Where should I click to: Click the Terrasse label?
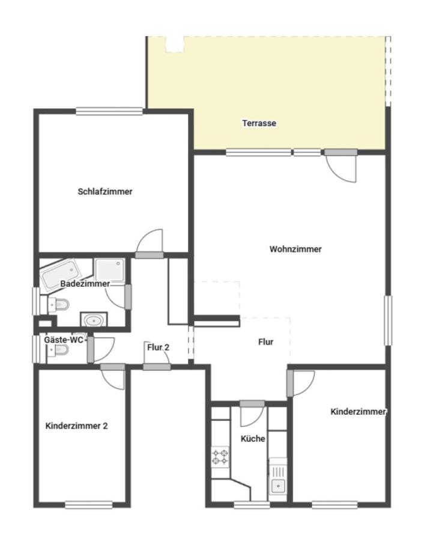click(259, 123)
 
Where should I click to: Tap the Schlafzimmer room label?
click(105, 192)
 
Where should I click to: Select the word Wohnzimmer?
click(295, 249)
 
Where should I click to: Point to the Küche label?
click(253, 439)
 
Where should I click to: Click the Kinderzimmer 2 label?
click(76, 426)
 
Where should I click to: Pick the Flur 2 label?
click(158, 347)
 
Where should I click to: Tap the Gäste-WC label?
click(64, 340)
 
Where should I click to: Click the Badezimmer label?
click(85, 284)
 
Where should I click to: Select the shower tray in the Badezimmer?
click(110, 270)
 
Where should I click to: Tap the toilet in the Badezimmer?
click(59, 304)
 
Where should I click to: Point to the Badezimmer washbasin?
click(94, 320)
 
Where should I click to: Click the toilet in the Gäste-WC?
click(58, 350)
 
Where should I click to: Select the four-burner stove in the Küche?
click(220, 457)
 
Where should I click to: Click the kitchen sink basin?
click(277, 486)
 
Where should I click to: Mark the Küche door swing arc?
click(252, 417)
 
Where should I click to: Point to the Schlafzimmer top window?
click(109, 111)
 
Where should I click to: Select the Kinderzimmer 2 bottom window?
click(89, 505)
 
